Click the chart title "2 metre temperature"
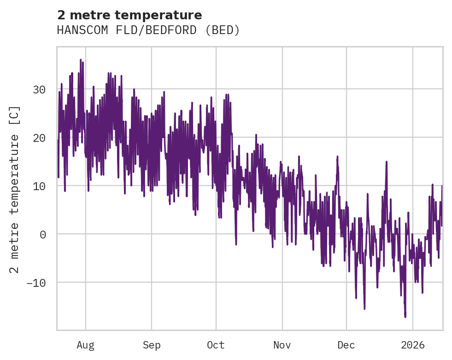(x=129, y=15)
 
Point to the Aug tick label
(x=86, y=345)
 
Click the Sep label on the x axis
(x=151, y=345)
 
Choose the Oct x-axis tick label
(x=216, y=345)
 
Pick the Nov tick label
(x=282, y=345)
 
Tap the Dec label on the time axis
(x=346, y=345)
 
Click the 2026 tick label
(x=413, y=345)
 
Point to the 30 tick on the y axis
(x=39, y=89)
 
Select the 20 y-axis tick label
(x=39, y=138)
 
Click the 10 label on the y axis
(x=39, y=186)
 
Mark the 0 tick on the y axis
(x=43, y=234)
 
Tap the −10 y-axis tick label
(x=36, y=282)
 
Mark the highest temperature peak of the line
(x=81, y=60)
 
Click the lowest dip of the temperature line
(x=405, y=317)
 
